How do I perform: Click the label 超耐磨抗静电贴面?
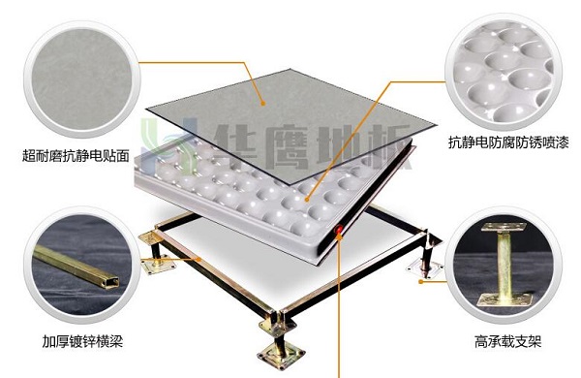pyautogui.click(x=76, y=153)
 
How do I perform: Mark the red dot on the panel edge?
pyautogui.click(x=338, y=230)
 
